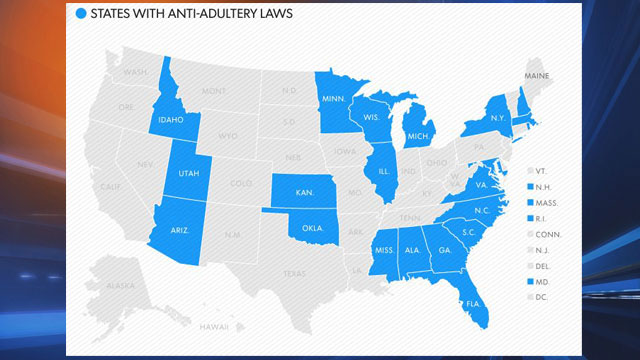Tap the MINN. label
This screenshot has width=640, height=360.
(x=334, y=99)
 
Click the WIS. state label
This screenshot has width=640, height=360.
(x=371, y=116)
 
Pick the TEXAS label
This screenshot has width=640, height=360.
(x=294, y=272)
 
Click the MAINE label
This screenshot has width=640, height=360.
(x=537, y=76)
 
